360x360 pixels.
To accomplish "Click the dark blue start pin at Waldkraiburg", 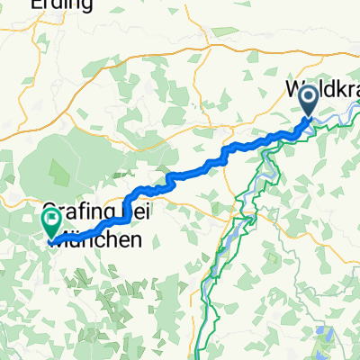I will coord(307,100).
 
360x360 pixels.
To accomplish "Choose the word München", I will coord(94,240).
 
